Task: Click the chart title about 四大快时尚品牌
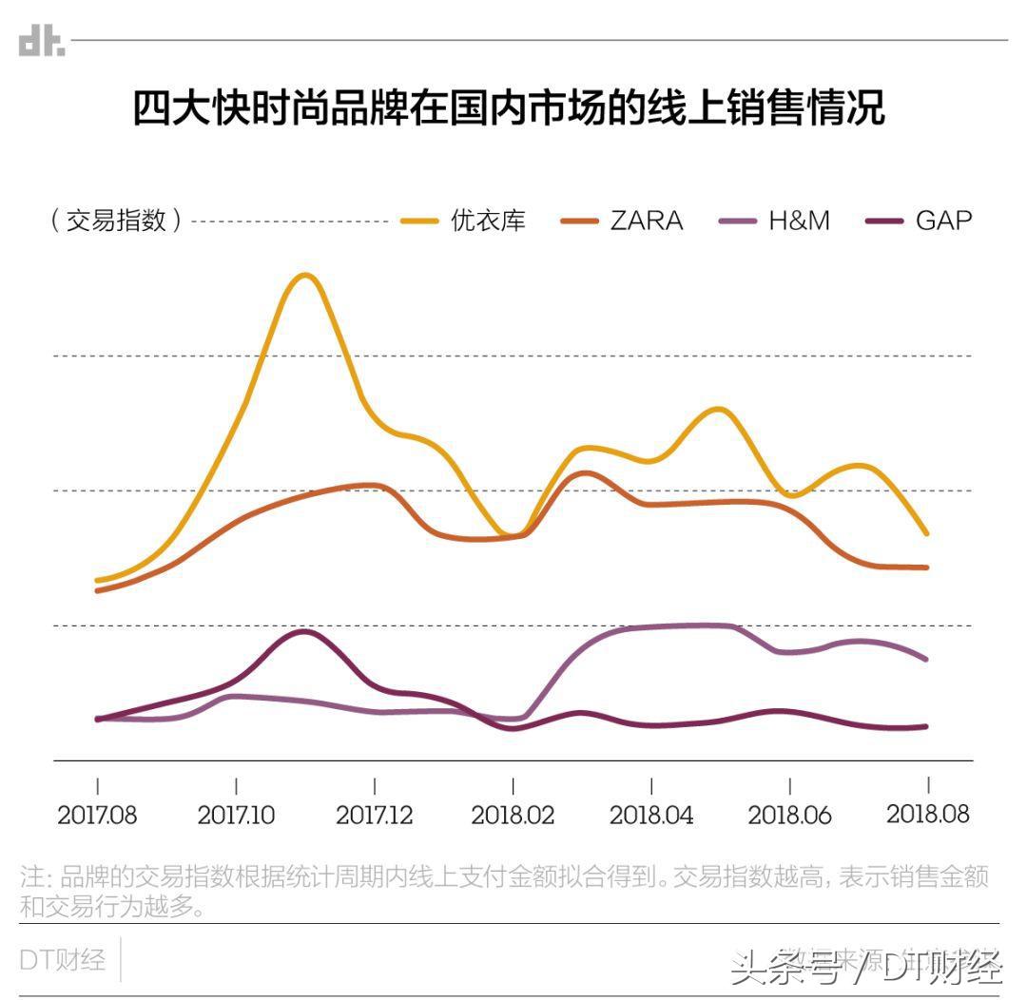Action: [x=509, y=108]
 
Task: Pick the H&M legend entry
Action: [x=774, y=221]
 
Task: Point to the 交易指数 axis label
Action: [x=116, y=221]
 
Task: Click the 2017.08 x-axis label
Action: [x=97, y=815]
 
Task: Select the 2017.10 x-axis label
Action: [x=236, y=815]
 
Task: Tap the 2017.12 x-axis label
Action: [x=375, y=815]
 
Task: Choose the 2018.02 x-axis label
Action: [x=513, y=815]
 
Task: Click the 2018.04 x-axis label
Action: [x=651, y=815]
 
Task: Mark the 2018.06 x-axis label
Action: [x=789, y=815]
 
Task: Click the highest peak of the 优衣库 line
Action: [x=304, y=276]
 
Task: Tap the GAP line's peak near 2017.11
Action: [x=303, y=631]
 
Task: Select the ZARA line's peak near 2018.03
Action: [x=583, y=472]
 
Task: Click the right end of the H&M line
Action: [x=926, y=659]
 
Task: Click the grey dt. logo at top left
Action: [x=42, y=41]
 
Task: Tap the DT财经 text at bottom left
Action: [x=63, y=959]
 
